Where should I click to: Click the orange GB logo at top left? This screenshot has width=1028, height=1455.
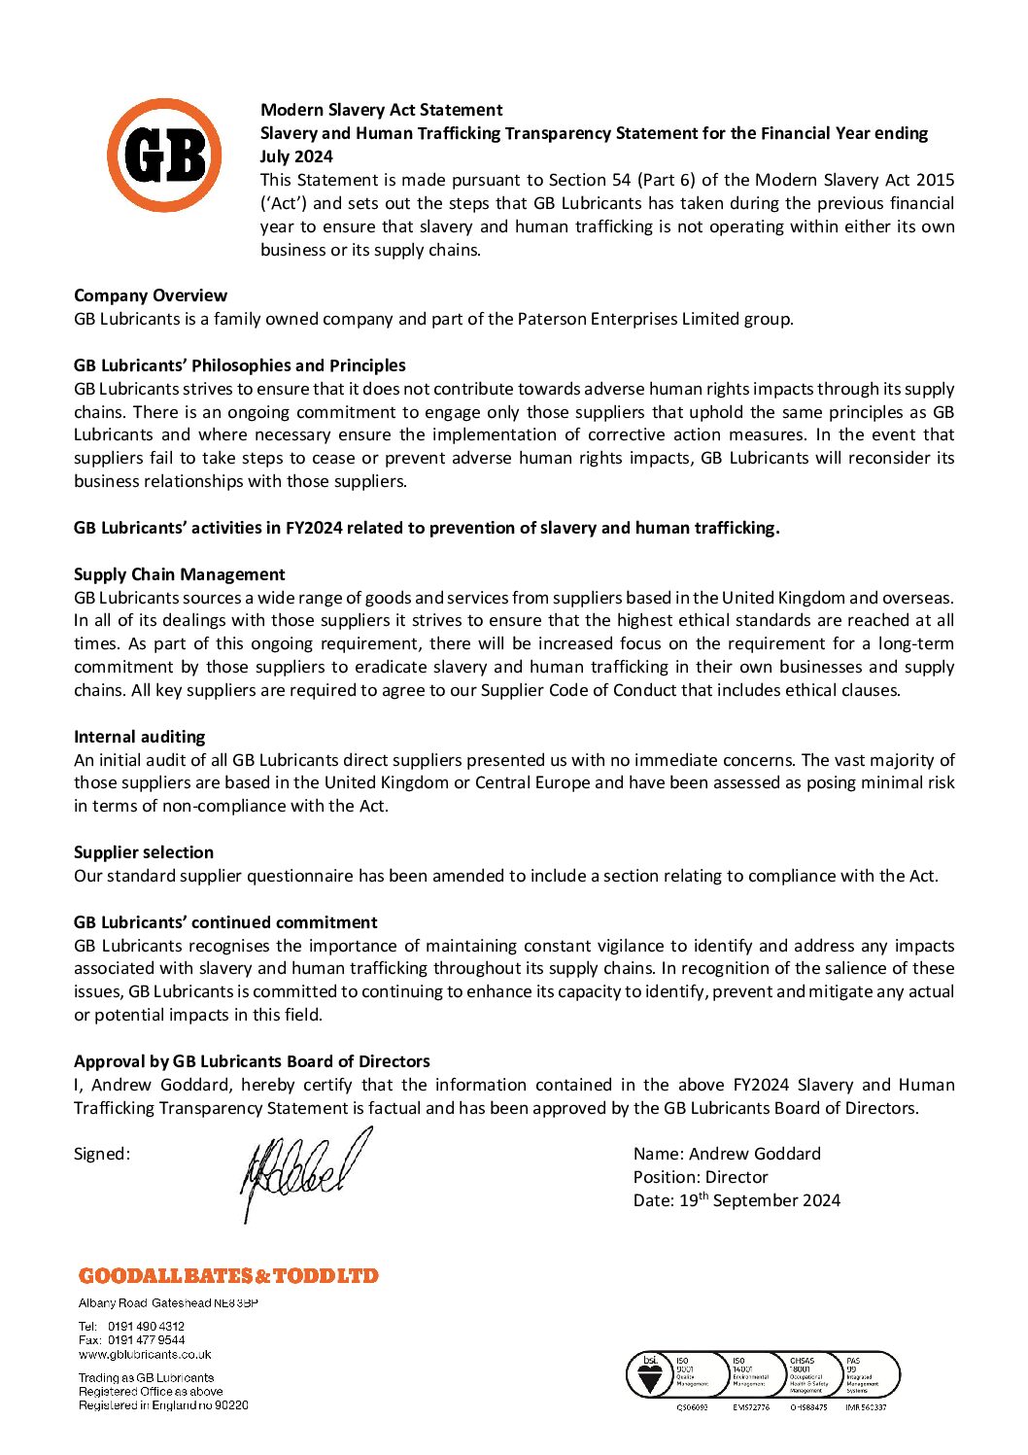pos(164,156)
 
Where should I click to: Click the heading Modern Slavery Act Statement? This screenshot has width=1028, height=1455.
pos(381,110)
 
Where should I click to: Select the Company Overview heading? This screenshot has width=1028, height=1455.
pos(151,295)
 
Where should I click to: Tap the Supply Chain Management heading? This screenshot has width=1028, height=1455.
pos(180,574)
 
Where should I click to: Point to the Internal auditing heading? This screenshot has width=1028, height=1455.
pos(140,737)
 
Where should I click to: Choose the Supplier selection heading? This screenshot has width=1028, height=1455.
pos(144,852)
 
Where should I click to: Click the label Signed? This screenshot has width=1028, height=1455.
pos(102,1154)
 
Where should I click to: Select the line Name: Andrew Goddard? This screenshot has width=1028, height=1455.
pos(727,1154)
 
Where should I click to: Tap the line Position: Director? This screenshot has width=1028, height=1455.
pos(701,1177)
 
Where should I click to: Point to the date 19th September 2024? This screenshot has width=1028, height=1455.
pos(759,1200)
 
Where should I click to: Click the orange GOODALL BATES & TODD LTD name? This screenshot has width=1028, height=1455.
pos(228,1276)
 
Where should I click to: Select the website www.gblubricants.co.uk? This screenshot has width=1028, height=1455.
pos(145,1354)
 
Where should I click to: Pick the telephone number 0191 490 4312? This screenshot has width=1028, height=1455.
pos(146,1326)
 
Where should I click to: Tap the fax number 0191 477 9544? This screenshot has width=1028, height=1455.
pos(146,1339)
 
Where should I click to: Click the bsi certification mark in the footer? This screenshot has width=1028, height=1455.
pos(650,1375)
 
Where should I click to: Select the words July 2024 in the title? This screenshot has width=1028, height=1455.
pos(296,156)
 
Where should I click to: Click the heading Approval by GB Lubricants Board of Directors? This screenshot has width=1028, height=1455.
pos(252,1061)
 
